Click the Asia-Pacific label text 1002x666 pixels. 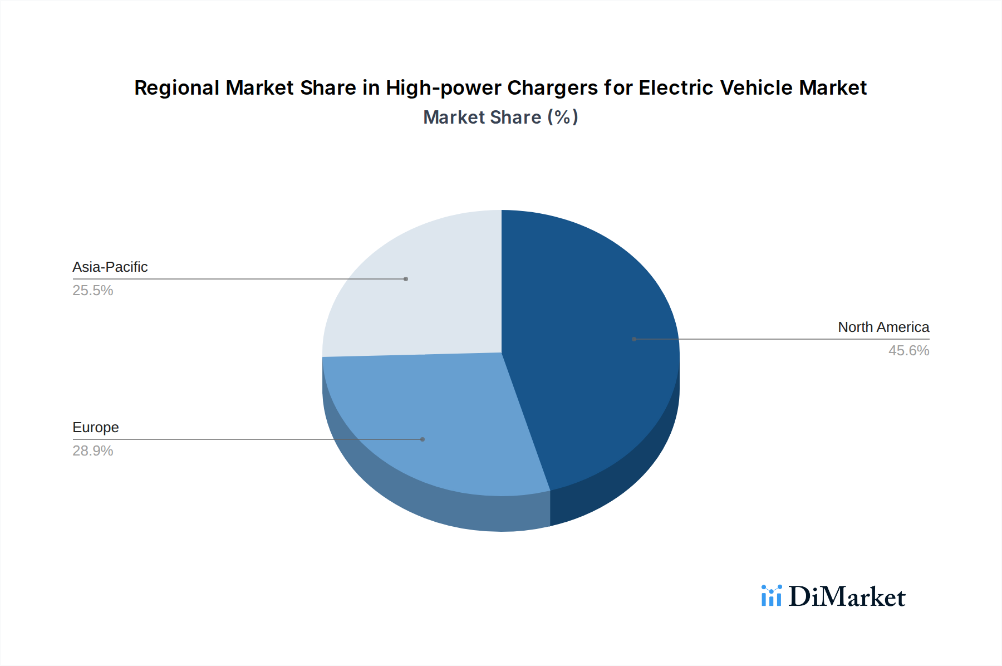point(110,267)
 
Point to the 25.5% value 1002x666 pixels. point(92,291)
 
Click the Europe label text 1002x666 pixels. point(95,428)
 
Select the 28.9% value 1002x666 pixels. point(92,451)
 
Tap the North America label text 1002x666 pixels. point(883,327)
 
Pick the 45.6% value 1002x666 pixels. point(908,351)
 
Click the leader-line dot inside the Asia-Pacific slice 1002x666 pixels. point(406,279)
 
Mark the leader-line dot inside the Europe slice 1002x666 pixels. point(423,439)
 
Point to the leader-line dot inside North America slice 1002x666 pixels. point(634,339)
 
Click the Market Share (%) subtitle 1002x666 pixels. point(500,117)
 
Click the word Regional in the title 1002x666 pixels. point(177,88)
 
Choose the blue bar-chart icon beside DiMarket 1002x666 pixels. point(771,596)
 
